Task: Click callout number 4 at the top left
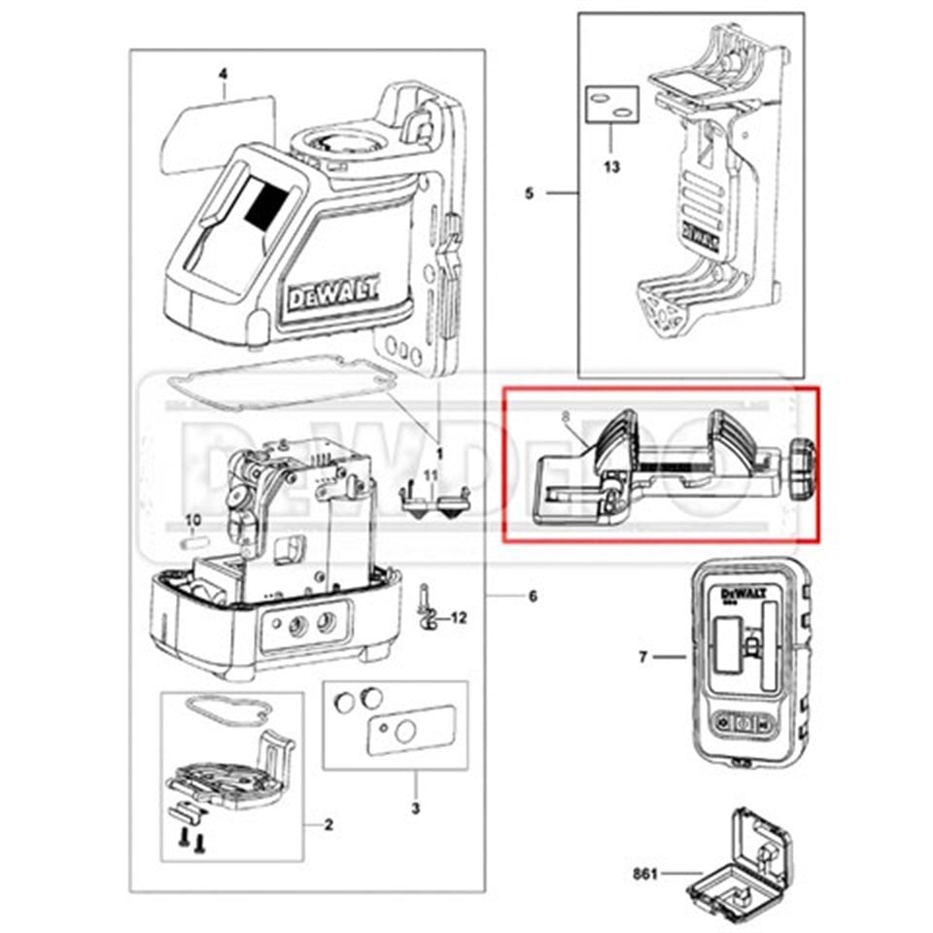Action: [x=223, y=74]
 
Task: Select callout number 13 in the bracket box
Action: [x=610, y=166]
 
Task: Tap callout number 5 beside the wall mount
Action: [x=530, y=193]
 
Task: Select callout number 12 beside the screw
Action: [x=459, y=616]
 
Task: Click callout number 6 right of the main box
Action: [x=533, y=596]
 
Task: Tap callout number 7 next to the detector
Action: [x=643, y=658]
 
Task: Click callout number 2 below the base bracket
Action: [x=328, y=825]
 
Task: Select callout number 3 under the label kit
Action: [x=415, y=808]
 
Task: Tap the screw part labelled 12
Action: [x=426, y=607]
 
